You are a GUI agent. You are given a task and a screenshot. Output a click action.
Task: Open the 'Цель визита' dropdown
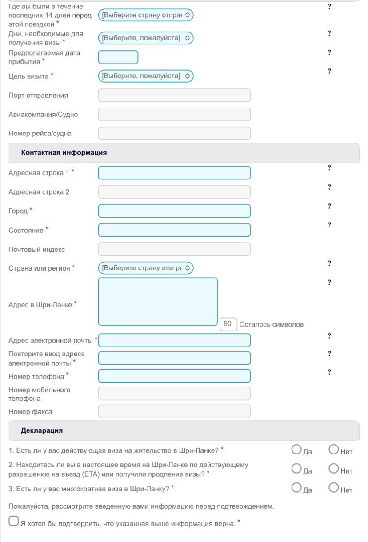[146, 76]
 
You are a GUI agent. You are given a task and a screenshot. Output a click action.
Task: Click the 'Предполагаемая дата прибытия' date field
[118, 57]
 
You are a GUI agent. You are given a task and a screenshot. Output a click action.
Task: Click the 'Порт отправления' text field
[174, 96]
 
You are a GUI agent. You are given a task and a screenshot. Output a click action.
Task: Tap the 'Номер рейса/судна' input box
[174, 134]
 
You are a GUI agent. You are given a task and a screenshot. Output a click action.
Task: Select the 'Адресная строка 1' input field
[174, 173]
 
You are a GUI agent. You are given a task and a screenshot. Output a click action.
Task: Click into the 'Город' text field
[174, 211]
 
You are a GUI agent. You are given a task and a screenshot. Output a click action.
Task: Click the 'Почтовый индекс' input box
[174, 249]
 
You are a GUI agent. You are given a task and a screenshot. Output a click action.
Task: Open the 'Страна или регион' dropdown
[146, 268]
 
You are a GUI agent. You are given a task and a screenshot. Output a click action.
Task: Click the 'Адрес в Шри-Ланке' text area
[158, 302]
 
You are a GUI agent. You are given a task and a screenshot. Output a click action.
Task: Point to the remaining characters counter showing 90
[228, 324]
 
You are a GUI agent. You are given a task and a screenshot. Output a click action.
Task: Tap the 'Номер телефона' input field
[174, 376]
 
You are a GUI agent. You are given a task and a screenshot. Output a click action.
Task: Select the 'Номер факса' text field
[174, 411]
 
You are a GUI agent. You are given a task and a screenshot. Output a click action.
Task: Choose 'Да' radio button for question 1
[296, 450]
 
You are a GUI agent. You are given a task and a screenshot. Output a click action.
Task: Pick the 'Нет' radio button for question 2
[334, 468]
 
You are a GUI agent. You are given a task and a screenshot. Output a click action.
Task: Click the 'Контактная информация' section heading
[64, 153]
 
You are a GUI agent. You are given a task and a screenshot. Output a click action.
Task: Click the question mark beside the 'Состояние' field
[329, 225]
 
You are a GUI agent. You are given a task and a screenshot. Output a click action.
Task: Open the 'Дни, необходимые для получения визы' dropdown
[146, 38]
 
